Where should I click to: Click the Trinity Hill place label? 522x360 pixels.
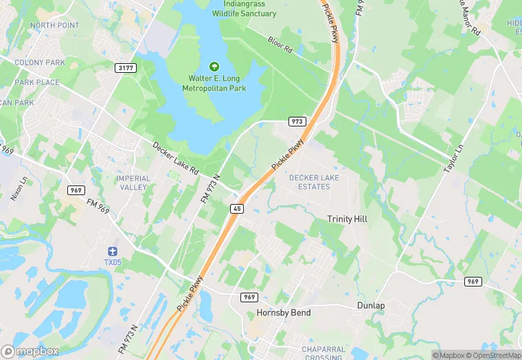click(x=347, y=218)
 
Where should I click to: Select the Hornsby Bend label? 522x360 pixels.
click(x=283, y=313)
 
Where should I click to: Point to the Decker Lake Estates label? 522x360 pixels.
click(x=314, y=182)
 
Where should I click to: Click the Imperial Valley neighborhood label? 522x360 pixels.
click(x=133, y=183)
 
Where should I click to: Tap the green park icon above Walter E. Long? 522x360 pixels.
click(x=214, y=67)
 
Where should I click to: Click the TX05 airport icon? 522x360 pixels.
click(x=112, y=251)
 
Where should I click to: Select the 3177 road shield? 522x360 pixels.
click(x=125, y=67)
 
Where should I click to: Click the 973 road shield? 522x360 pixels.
click(x=297, y=121)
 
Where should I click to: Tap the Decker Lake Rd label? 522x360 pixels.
click(x=175, y=158)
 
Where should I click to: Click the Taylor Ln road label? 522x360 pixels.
click(x=455, y=157)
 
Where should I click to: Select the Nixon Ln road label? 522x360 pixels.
click(x=19, y=188)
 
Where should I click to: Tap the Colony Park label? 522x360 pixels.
click(x=40, y=63)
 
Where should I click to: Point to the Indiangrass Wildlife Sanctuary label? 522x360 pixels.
click(x=244, y=8)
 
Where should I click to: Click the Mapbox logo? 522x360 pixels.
click(x=30, y=351)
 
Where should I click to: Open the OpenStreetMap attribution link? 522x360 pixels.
click(x=492, y=355)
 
